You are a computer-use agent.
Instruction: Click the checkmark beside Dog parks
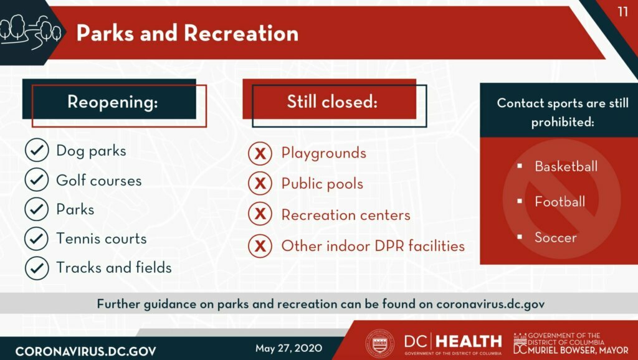click(37, 150)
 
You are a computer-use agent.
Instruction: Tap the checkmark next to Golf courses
click(37, 179)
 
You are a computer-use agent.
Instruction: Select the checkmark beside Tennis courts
click(37, 239)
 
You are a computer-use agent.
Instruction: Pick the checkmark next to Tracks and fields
click(37, 268)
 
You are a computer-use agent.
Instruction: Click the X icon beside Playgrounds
click(260, 153)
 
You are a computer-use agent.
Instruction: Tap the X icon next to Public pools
click(260, 183)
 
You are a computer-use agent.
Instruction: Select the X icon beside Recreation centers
click(260, 214)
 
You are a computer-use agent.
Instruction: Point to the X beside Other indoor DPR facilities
click(260, 245)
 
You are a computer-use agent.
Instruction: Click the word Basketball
click(566, 166)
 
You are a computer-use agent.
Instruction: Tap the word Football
click(560, 201)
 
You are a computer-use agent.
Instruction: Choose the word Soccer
click(555, 237)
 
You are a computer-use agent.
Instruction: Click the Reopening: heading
click(113, 102)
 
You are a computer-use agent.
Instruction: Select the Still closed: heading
click(332, 102)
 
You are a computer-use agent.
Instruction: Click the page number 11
click(623, 12)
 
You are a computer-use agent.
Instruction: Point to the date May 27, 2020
click(288, 348)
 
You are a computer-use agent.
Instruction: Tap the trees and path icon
click(31, 32)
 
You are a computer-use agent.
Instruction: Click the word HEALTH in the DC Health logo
click(469, 342)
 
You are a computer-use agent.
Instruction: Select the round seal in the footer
click(379, 344)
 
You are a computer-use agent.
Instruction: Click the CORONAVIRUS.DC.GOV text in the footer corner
click(85, 351)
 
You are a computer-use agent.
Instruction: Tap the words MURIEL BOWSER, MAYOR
click(578, 350)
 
